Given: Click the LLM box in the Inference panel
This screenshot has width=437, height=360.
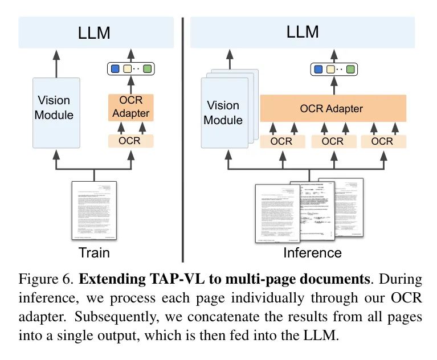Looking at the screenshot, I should tap(303, 32).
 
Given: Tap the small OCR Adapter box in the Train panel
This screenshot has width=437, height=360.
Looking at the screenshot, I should tap(131, 107).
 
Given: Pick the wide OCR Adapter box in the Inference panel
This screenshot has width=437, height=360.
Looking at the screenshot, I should tap(332, 108).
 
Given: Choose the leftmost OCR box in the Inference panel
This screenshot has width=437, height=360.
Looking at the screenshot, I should tap(282, 141).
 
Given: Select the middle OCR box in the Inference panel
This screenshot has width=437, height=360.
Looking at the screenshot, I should tap(333, 141).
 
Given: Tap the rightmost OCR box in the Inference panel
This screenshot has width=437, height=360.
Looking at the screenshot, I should tap(383, 141).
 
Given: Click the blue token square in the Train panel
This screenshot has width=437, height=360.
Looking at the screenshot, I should tap(115, 69).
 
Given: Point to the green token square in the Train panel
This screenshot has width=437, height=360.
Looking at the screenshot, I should tap(148, 69).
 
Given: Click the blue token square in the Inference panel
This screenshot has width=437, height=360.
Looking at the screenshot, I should tap(316, 69).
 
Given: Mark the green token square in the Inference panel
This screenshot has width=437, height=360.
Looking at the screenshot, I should tap(350, 69).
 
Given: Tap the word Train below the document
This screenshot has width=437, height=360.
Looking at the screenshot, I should tap(95, 252).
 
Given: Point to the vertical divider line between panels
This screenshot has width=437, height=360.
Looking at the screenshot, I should tap(182, 137).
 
